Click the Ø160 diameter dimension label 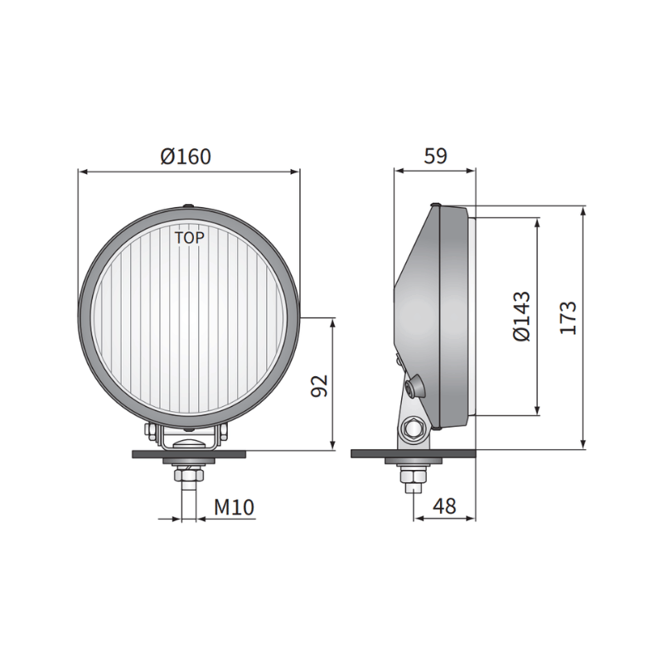tap(186, 155)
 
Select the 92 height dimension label tap(319, 385)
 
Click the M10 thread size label tap(233, 506)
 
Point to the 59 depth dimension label tap(437, 155)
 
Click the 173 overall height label tap(568, 317)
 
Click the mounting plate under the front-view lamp tap(190, 454)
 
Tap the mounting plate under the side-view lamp tap(414, 454)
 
